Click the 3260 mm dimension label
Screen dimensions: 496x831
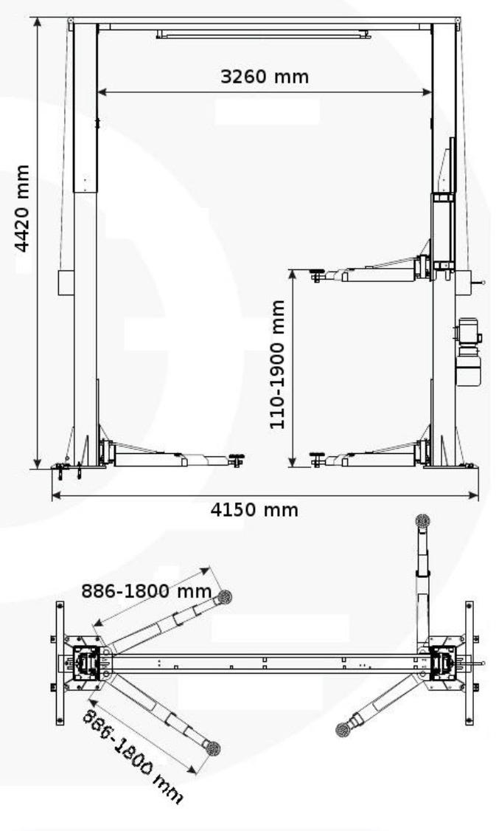(264, 77)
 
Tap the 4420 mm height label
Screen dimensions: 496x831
(21, 208)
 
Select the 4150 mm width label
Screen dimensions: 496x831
(254, 510)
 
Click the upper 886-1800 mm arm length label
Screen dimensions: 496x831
(146, 590)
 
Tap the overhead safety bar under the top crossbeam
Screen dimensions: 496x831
(264, 35)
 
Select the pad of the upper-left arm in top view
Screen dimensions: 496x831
(225, 597)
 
